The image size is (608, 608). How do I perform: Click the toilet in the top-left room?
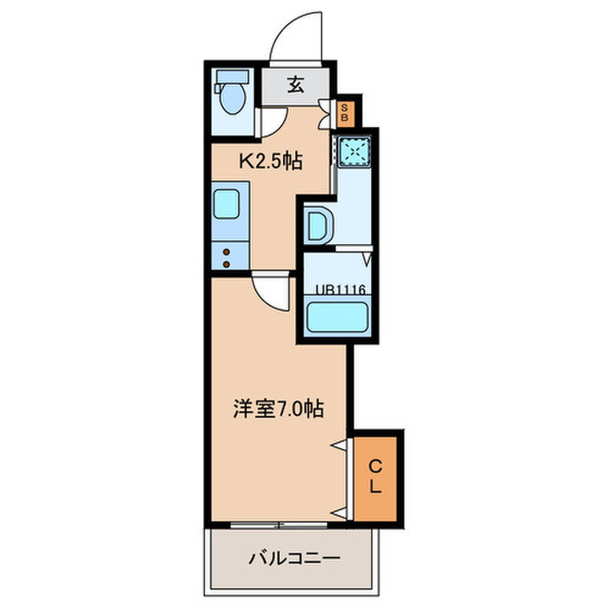(230, 97)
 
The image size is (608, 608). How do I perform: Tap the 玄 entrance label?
(297, 85)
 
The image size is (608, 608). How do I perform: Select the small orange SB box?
(345, 112)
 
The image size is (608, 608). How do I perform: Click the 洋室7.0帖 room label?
(279, 407)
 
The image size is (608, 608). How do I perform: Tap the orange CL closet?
(375, 477)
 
